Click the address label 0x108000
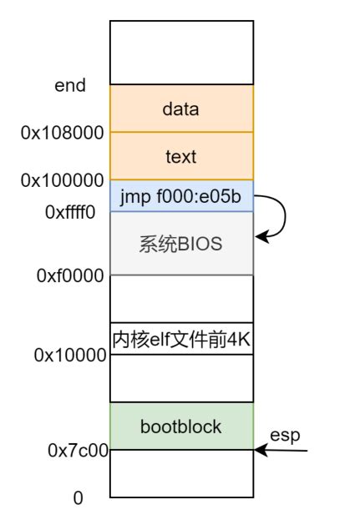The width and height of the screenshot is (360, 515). pyautogui.click(x=62, y=133)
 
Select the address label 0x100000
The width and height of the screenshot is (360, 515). pyautogui.click(x=62, y=180)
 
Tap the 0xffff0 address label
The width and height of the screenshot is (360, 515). pyautogui.click(x=70, y=212)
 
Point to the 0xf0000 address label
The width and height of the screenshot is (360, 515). pyautogui.click(x=70, y=275)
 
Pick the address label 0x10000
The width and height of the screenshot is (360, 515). pyautogui.click(x=70, y=355)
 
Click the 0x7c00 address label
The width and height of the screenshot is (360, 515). pyautogui.click(x=79, y=450)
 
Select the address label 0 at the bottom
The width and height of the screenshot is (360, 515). pyautogui.click(x=78, y=498)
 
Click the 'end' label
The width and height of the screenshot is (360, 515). pyautogui.click(x=70, y=85)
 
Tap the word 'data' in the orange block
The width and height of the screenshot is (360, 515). pyautogui.click(x=180, y=109)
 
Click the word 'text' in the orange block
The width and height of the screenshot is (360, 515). pyautogui.click(x=180, y=157)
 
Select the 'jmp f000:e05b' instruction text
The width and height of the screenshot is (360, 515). pyautogui.click(x=180, y=197)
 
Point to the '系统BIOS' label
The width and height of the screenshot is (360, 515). pyautogui.click(x=180, y=244)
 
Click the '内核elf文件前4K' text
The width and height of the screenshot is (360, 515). pyautogui.click(x=181, y=339)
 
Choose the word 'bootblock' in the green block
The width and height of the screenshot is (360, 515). pyautogui.click(x=180, y=427)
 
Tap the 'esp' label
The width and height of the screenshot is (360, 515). pyautogui.click(x=285, y=436)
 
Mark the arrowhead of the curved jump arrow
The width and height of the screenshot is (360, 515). pyautogui.click(x=261, y=236)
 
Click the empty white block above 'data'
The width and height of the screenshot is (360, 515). pyautogui.click(x=181, y=53)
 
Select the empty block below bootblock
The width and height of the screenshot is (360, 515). pyautogui.click(x=181, y=473)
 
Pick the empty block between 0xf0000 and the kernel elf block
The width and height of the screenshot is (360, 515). pyautogui.click(x=181, y=299)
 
